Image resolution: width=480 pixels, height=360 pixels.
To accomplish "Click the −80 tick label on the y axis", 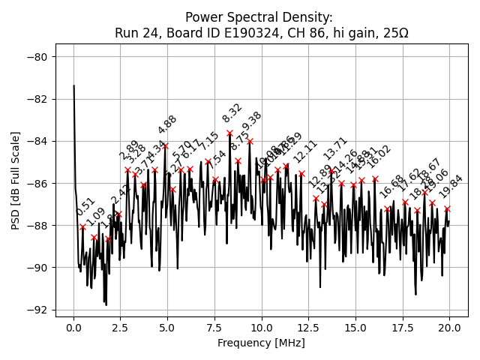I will pyautogui.click(x=37, y=57).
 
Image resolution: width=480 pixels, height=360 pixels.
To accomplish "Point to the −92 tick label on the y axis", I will pyautogui.click(x=37, y=310).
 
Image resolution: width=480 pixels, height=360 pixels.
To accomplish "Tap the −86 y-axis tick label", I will pyautogui.click(x=37, y=183).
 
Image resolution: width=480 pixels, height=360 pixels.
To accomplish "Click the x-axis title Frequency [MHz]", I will pyautogui.click(x=262, y=343).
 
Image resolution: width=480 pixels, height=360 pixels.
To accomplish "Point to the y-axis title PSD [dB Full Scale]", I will pyautogui.click(x=16, y=180).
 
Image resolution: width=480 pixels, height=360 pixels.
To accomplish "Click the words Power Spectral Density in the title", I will pyautogui.click(x=259, y=17).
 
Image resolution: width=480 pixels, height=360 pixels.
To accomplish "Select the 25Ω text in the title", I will pyautogui.click(x=395, y=33).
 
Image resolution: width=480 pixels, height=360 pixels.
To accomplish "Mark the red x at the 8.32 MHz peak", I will pyautogui.click(x=229, y=133).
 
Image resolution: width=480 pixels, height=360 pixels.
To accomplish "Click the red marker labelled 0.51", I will pyautogui.click(x=83, y=226).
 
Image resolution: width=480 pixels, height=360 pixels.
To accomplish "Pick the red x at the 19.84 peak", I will pyautogui.click(x=447, y=208).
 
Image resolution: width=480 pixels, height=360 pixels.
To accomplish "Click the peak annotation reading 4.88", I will pyautogui.click(x=167, y=124).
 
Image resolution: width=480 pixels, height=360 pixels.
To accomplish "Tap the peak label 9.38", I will pyautogui.click(x=252, y=121).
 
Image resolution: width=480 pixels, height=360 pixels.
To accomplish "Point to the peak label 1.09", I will pyautogui.click(x=95, y=217).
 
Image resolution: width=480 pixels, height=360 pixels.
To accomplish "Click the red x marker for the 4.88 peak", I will pyautogui.click(x=165, y=145).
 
